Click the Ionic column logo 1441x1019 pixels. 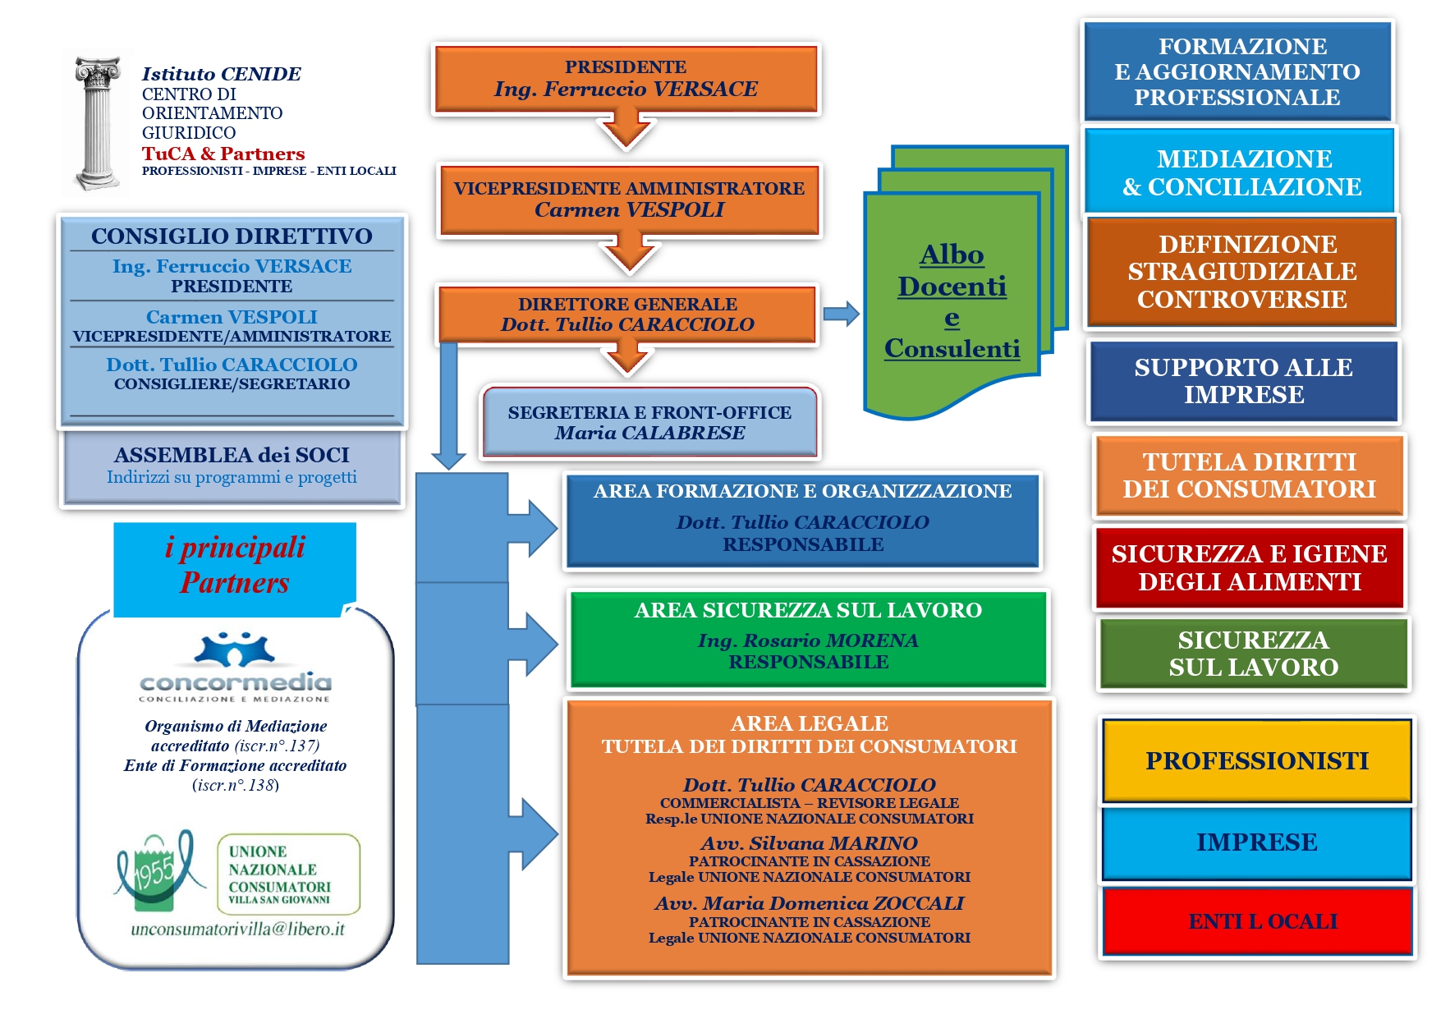(x=97, y=123)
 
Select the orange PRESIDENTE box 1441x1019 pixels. (x=626, y=79)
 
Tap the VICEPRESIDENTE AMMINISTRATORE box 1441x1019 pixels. (x=629, y=200)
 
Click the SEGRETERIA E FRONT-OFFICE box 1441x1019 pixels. (x=649, y=422)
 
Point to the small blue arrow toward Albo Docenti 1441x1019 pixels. (x=841, y=314)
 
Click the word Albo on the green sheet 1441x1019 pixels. (x=952, y=255)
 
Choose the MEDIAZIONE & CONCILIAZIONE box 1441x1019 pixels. (x=1241, y=172)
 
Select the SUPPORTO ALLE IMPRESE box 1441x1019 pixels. (x=1243, y=381)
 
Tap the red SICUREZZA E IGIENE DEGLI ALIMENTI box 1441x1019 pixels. (x=1249, y=567)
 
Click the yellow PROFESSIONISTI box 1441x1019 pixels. (x=1256, y=761)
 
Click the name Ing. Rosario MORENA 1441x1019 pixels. (x=808, y=640)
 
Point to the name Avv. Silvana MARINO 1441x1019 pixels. (x=809, y=843)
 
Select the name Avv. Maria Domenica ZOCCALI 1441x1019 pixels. (x=809, y=903)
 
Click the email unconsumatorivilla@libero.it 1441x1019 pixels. (x=237, y=929)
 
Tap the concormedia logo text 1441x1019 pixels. (x=236, y=682)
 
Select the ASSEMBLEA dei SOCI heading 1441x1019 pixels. (x=232, y=455)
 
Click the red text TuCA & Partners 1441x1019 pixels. (x=223, y=154)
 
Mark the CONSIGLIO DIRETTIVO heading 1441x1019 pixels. (x=232, y=236)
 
